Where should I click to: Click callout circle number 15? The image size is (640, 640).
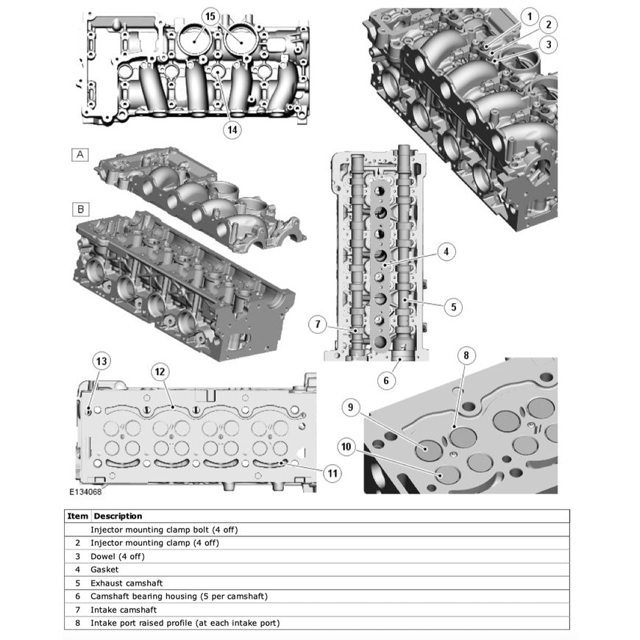(210, 15)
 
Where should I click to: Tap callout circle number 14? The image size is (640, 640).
(232, 129)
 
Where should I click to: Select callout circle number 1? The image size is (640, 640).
(528, 15)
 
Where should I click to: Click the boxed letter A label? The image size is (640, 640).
(80, 154)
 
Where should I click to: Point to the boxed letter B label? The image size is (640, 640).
(80, 209)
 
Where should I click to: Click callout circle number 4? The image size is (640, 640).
(444, 252)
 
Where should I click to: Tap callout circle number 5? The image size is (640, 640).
(453, 305)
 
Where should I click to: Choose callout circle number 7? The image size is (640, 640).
(318, 324)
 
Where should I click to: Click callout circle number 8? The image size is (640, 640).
(465, 355)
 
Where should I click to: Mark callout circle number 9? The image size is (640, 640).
(352, 407)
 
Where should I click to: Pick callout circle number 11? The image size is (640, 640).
(333, 473)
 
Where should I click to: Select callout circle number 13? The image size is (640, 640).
(102, 360)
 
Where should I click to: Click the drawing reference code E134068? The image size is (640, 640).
(86, 492)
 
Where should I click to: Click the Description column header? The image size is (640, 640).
(118, 516)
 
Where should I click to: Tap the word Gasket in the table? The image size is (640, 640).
(104, 569)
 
